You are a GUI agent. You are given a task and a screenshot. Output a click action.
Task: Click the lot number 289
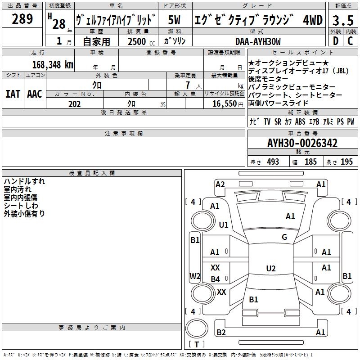pyautogui.click(x=22, y=19)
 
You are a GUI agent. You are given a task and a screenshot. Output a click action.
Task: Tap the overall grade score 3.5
pyautogui.click(x=343, y=20)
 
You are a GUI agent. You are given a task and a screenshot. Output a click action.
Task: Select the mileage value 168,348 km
pyautogui.click(x=53, y=65)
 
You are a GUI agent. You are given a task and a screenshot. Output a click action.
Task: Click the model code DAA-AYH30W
pyautogui.click(x=258, y=41)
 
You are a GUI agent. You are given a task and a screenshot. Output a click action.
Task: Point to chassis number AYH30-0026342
pyautogui.click(x=302, y=143)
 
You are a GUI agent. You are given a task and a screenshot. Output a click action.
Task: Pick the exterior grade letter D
pyautogui.click(x=336, y=41)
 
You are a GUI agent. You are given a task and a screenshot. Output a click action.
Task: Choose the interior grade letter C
pyautogui.click(x=350, y=41)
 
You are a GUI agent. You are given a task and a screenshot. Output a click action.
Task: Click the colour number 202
pyautogui.click(x=74, y=104)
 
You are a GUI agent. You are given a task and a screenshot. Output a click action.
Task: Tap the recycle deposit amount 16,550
pyautogui.click(x=224, y=104)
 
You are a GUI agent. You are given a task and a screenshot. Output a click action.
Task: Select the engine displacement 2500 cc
pyautogui.click(x=141, y=41)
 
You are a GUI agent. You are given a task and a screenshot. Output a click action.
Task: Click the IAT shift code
pyautogui.click(x=13, y=94)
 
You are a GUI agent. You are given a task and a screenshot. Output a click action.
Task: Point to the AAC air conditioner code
pyautogui.click(x=35, y=94)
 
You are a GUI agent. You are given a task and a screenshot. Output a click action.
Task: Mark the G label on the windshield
pyautogui.click(x=284, y=237)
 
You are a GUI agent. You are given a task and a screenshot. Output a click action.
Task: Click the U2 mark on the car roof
pyautogui.click(x=271, y=268)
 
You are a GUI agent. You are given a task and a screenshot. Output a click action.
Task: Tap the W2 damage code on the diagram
pyautogui.click(x=195, y=276)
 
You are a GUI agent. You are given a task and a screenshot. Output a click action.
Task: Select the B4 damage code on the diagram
pyautogui.click(x=216, y=279)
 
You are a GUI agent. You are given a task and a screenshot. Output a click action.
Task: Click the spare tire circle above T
pyautogui.click(x=197, y=328)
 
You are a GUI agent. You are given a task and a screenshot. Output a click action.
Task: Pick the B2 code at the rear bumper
pyautogui.click(x=221, y=332)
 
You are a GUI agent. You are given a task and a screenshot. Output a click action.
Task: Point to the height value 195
pyautogui.click(x=346, y=162)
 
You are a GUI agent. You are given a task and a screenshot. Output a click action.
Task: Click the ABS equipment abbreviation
pyautogui.click(x=300, y=121)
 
